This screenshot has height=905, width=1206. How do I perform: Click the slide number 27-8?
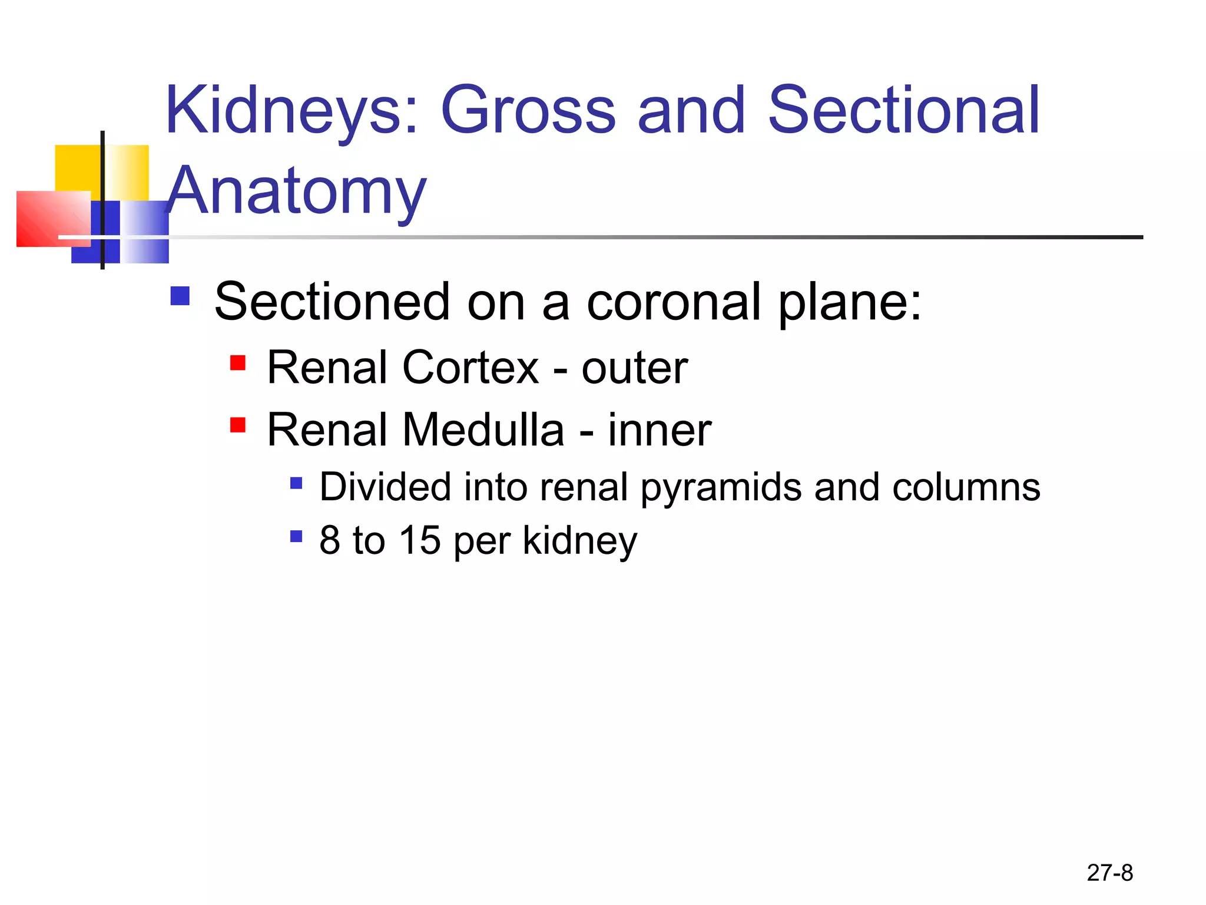(x=1109, y=873)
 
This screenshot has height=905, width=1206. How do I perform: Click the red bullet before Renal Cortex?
(x=238, y=362)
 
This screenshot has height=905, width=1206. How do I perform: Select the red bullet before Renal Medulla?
(x=238, y=424)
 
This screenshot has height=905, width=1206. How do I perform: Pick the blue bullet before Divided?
(x=296, y=484)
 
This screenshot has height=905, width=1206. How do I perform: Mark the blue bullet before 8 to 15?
(x=296, y=536)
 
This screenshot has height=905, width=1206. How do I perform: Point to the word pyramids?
(x=721, y=488)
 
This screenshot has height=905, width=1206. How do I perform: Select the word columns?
(x=966, y=488)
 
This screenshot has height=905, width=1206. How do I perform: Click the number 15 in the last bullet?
(x=419, y=540)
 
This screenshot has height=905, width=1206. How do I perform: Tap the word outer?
(x=634, y=369)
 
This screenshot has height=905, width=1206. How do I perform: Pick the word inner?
(x=659, y=430)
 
